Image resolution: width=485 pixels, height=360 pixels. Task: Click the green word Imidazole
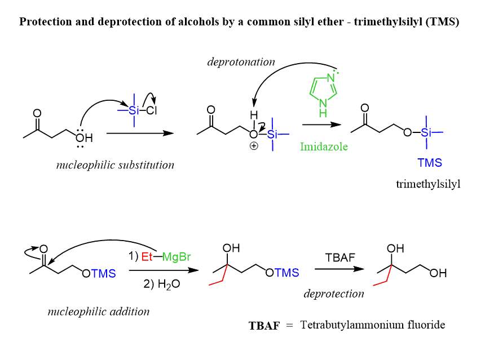(x=323, y=146)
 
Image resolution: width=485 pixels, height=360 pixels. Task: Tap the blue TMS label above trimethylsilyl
(x=429, y=163)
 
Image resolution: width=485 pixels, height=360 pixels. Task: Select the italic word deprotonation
(x=241, y=62)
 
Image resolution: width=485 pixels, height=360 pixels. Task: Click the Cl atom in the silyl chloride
(x=152, y=110)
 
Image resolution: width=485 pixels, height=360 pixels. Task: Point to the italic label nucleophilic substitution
(x=115, y=165)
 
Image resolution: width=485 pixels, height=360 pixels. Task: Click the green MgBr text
(x=177, y=257)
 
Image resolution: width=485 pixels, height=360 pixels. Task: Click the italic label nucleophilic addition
(x=99, y=311)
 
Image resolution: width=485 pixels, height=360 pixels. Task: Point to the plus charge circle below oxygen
(x=254, y=146)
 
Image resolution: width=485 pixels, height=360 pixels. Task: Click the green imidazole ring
(x=322, y=89)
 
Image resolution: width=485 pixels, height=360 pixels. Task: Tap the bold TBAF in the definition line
(x=264, y=326)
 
